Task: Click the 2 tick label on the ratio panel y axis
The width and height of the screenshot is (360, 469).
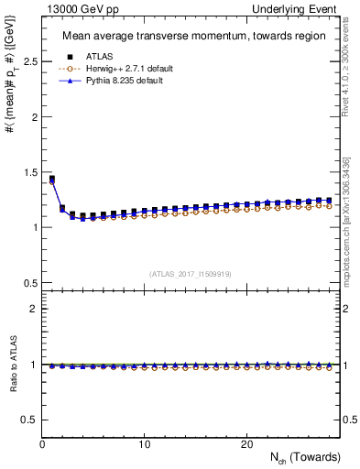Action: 33,309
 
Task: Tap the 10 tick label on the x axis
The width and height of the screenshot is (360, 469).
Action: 145,443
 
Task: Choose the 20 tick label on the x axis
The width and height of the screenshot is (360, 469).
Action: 246,443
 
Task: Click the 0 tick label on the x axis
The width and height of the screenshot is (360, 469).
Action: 43,443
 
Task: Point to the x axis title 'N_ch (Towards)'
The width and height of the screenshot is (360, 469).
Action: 306,457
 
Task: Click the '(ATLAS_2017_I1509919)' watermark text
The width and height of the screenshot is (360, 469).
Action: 190,273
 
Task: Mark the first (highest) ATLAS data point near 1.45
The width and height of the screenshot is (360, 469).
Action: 52,179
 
